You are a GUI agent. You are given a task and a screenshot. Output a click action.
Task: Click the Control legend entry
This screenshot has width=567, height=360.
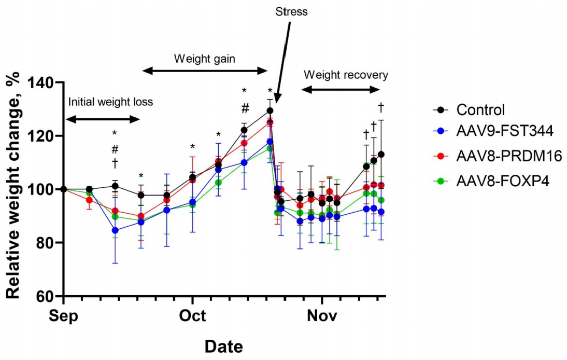tap(480, 110)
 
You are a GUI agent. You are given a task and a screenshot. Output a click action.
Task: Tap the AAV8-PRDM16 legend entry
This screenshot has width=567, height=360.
tap(498, 155)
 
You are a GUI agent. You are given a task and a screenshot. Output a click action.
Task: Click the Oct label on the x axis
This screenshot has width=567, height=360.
tap(193, 316)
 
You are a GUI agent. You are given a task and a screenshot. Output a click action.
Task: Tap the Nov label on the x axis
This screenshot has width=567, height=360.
tap(322, 316)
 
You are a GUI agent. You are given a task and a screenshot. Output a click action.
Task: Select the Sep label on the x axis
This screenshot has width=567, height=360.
tap(63, 316)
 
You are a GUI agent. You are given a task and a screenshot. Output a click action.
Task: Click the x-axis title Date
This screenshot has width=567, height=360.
tap(223, 346)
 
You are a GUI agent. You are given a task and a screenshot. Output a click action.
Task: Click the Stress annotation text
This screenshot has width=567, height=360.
tap(291, 11)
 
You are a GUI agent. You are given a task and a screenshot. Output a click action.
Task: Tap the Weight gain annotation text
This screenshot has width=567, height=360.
tap(205, 58)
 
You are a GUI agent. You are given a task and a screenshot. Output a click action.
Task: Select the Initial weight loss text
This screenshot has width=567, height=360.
tap(110, 102)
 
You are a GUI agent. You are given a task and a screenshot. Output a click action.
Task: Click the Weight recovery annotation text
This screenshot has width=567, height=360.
tap(346, 75)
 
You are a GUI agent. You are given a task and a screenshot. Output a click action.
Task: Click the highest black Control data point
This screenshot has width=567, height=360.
tap(270, 110)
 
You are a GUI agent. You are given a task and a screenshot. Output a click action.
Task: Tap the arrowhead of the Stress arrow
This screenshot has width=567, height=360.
tap(276, 101)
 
